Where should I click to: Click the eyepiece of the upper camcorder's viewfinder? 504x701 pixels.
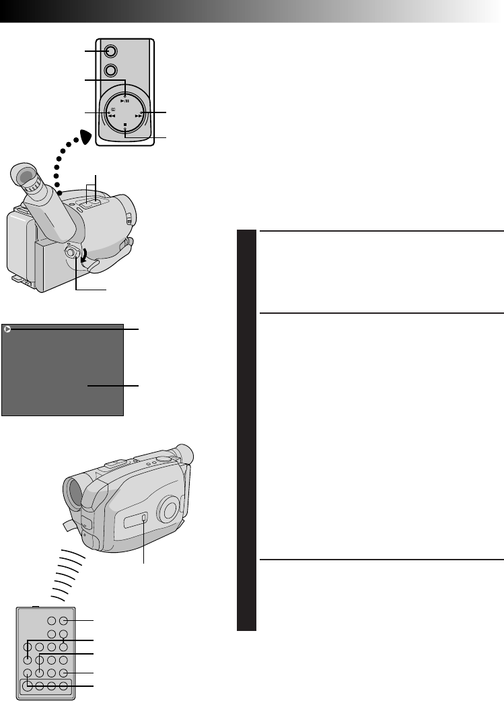click(x=24, y=178)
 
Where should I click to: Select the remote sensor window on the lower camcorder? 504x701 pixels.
click(x=137, y=520)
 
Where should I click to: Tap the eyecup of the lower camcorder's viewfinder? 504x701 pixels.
click(x=184, y=455)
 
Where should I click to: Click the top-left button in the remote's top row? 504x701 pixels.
click(x=50, y=622)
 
